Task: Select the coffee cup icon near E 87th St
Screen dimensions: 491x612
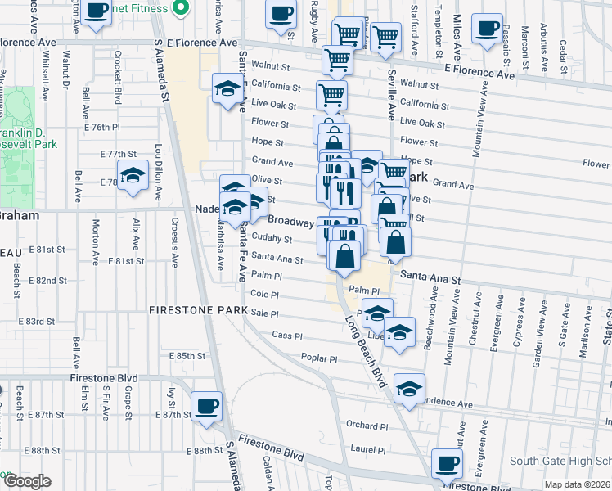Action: (x=206, y=404)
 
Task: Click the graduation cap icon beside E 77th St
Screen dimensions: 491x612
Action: (x=133, y=175)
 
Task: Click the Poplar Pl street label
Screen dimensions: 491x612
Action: (x=319, y=358)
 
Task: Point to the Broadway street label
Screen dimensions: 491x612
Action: (x=290, y=222)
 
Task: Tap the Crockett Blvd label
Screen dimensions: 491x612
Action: (x=119, y=77)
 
